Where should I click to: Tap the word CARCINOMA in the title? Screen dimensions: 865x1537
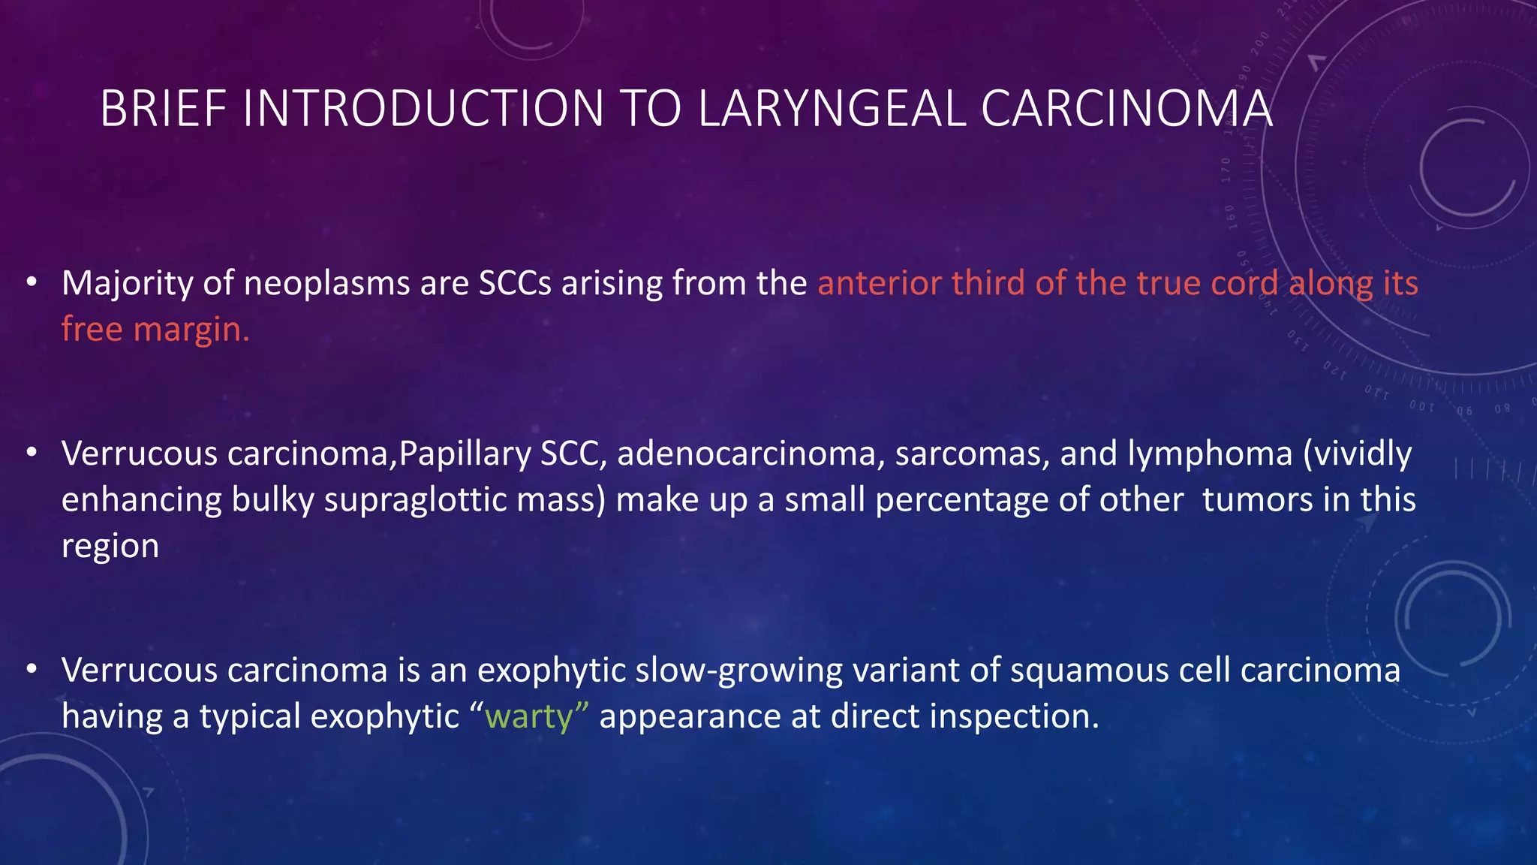pos(1126,109)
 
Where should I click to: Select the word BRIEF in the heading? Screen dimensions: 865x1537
pos(163,109)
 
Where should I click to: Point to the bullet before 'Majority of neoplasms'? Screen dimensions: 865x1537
pos(31,283)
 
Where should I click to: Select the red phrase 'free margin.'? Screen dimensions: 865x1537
pos(155,330)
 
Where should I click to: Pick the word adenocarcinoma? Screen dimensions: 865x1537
pos(747,454)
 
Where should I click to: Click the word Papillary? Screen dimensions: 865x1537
pos(465,454)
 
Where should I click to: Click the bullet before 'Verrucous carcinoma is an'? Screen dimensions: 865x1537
pos(31,669)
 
